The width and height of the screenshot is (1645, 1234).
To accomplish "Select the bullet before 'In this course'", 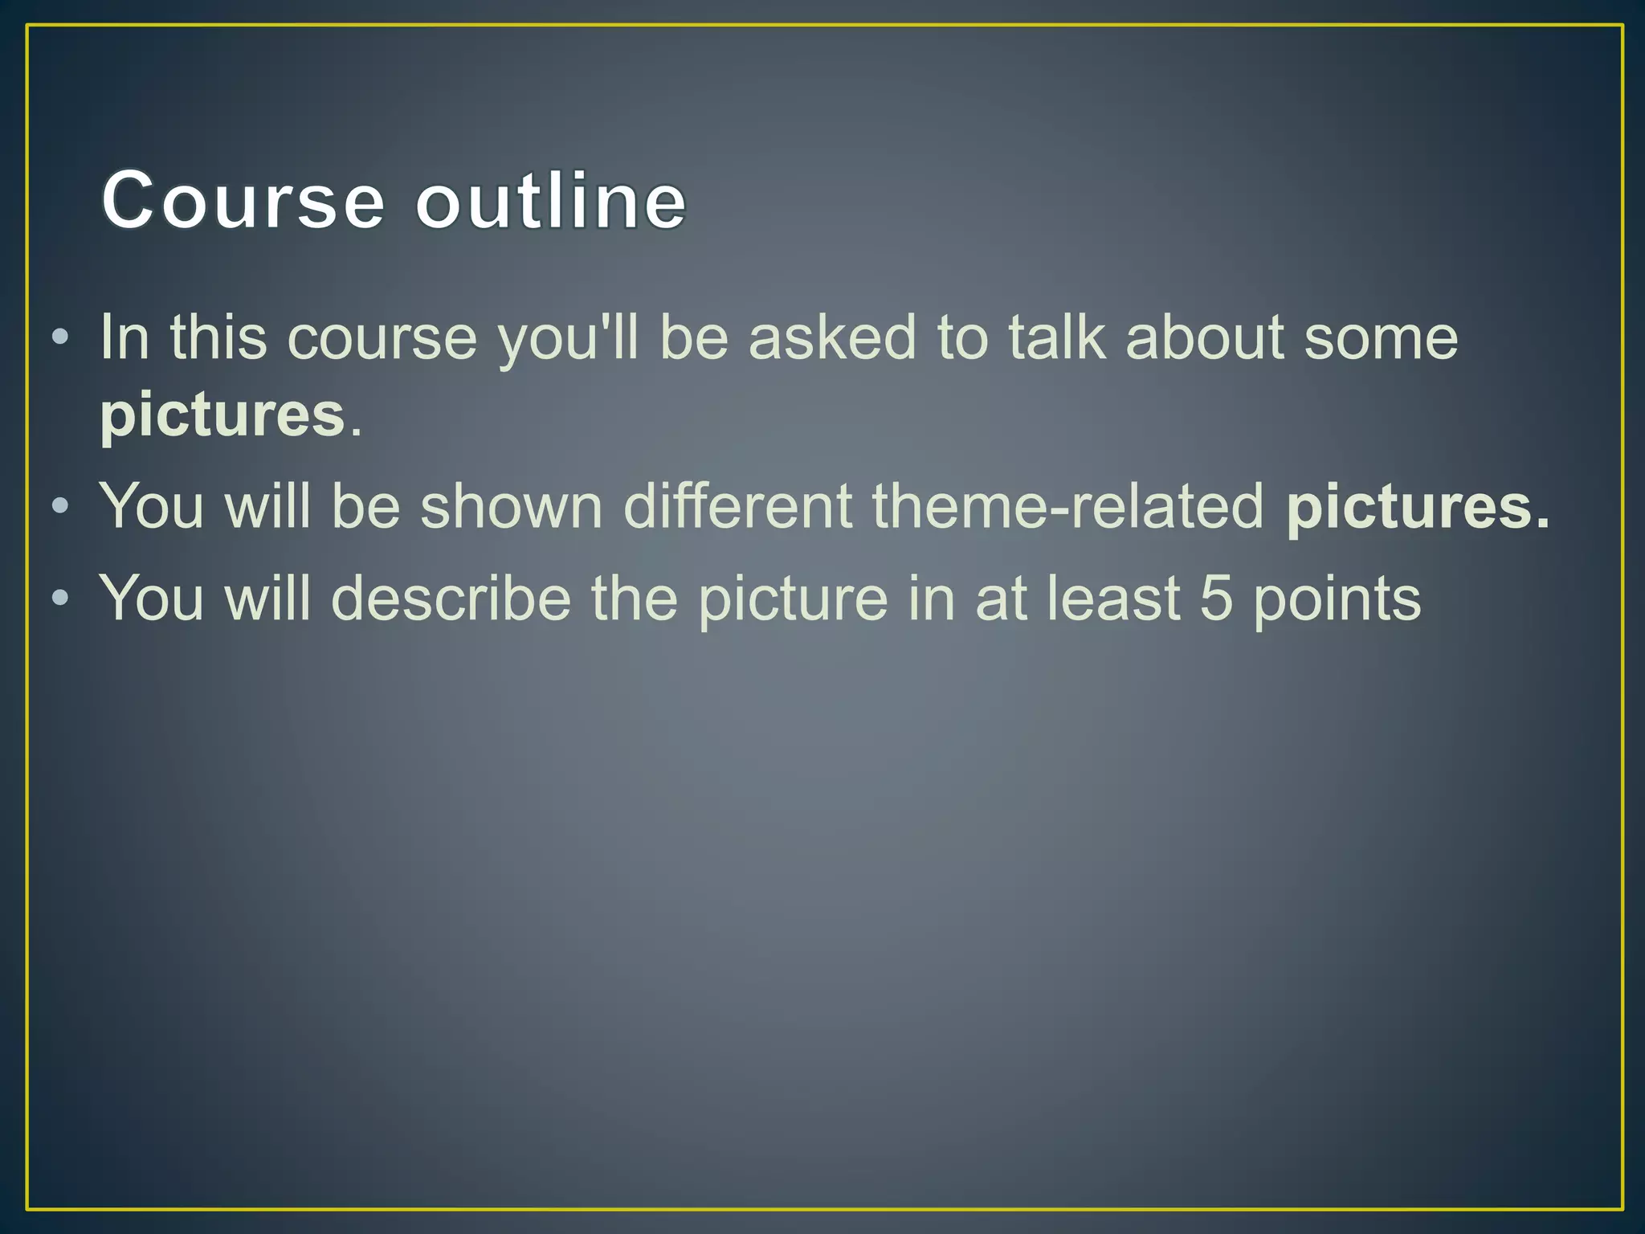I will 59,337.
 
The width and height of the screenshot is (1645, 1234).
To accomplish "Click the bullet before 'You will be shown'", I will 59,507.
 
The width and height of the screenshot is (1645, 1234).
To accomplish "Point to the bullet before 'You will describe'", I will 59,599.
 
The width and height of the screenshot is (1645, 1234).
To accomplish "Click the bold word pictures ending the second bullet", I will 1418,509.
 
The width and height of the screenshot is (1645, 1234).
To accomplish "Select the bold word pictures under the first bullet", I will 222,416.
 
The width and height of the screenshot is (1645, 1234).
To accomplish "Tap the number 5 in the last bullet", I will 1216,599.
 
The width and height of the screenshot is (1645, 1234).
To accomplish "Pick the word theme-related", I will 1068,507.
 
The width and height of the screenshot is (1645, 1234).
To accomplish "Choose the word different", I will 737,507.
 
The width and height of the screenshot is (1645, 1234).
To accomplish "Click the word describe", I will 451,599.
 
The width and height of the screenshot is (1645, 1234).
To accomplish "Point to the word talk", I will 1057,337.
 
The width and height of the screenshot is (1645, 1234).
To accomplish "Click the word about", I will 1204,337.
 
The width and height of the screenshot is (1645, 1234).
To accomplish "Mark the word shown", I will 511,507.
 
